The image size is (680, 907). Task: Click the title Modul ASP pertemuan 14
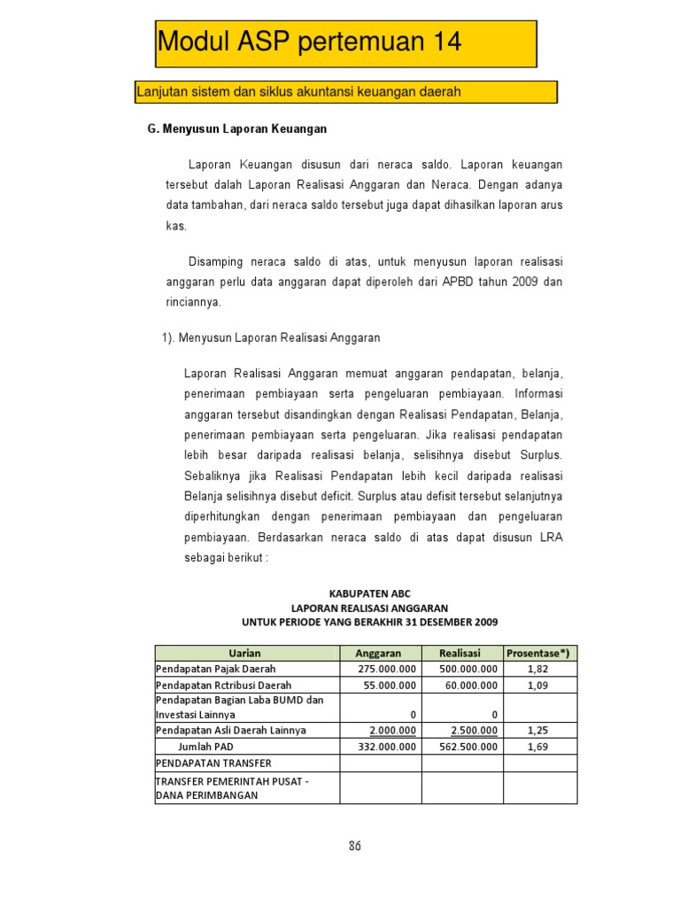point(309,42)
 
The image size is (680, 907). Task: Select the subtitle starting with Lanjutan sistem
point(298,92)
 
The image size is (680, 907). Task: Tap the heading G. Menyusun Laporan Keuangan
point(236,129)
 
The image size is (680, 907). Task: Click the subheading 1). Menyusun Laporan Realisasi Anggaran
point(270,337)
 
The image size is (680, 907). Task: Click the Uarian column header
point(247,653)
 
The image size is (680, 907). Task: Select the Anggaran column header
point(380,653)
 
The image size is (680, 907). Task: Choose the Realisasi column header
point(461,653)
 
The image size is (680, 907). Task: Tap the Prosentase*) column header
point(539,653)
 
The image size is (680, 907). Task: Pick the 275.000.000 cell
point(386,669)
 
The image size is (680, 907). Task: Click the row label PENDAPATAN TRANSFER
point(213,763)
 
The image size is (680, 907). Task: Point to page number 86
point(354,846)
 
